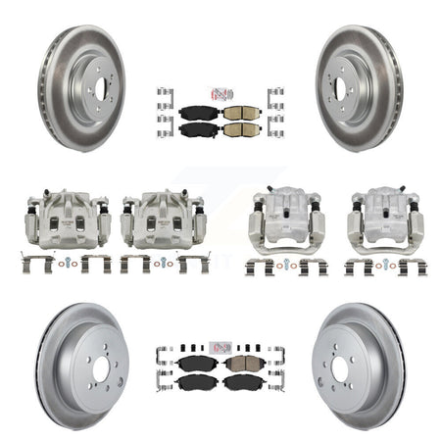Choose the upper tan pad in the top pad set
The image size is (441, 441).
point(238,112)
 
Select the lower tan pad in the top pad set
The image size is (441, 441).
point(238,128)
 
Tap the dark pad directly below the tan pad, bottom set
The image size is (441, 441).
point(237,382)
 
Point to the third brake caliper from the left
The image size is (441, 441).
point(280,220)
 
